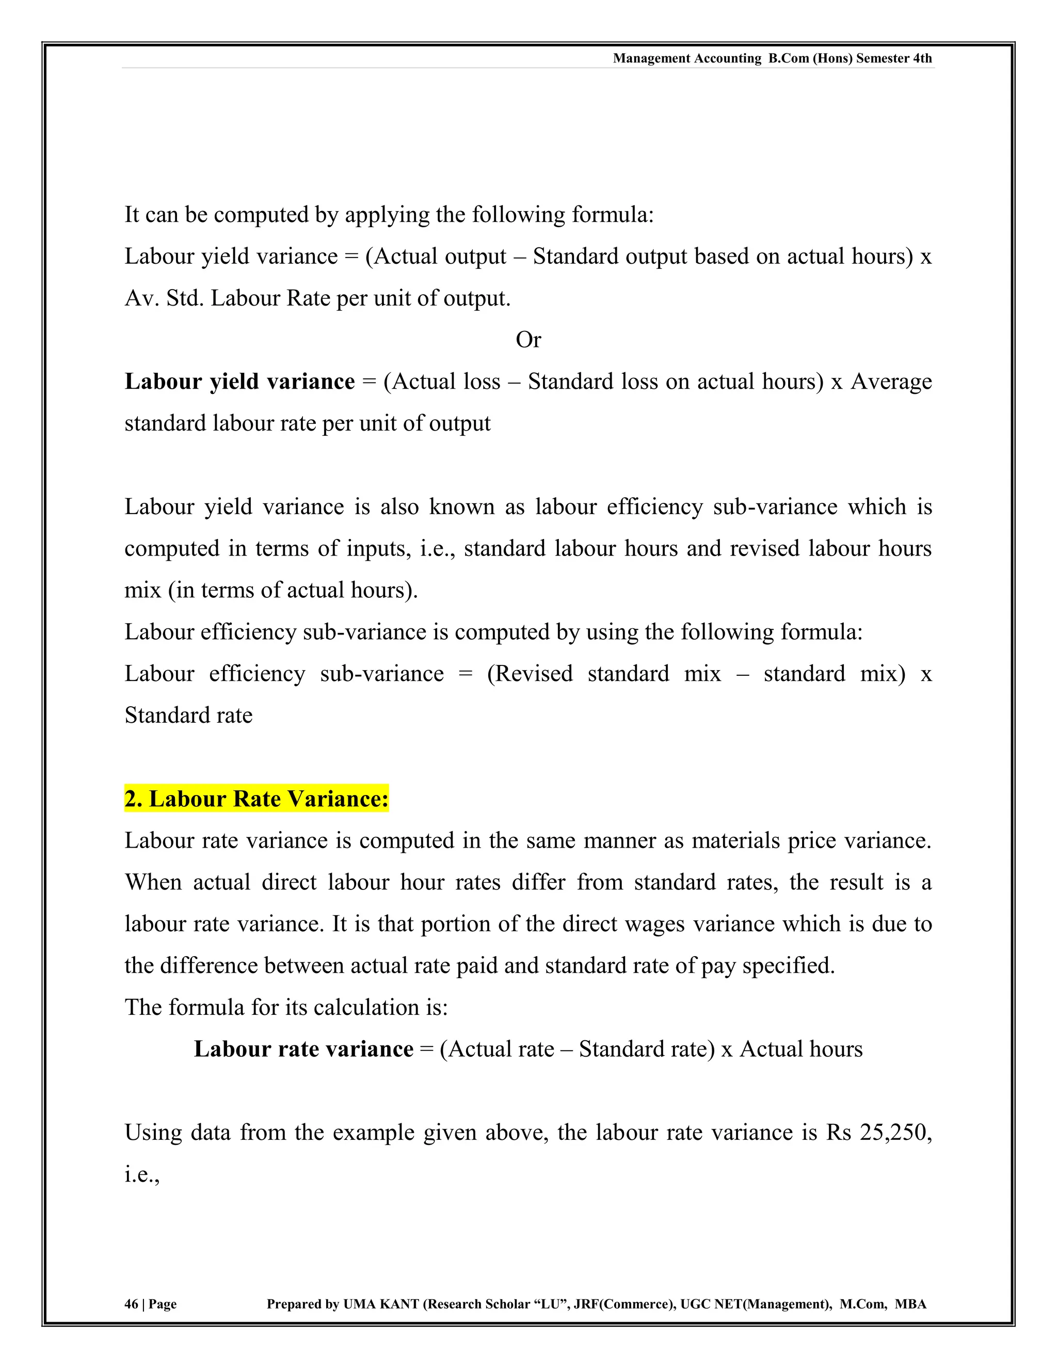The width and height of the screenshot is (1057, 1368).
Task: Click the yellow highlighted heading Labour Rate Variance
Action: click(x=256, y=799)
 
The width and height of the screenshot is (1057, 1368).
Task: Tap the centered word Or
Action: click(x=528, y=340)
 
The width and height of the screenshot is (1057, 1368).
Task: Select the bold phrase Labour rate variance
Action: click(x=303, y=1049)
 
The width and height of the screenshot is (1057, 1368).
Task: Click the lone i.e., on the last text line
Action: click(x=141, y=1174)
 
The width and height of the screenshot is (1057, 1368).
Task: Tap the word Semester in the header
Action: click(x=882, y=58)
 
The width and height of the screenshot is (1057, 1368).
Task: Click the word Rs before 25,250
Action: click(x=838, y=1133)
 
